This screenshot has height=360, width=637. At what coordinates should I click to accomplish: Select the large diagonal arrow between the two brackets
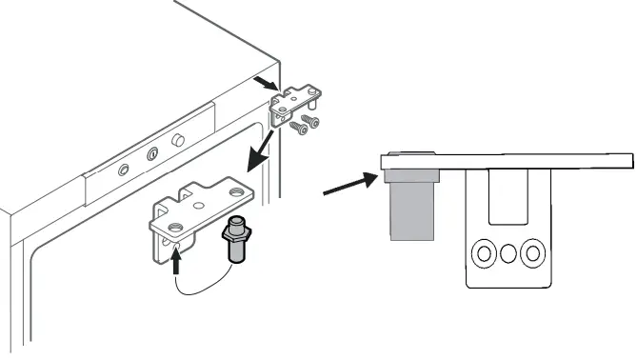point(261,148)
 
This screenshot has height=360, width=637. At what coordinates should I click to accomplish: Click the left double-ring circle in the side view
point(484,253)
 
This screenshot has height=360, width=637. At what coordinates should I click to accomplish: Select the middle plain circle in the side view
point(508,253)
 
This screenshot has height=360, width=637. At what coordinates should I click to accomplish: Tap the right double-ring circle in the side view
point(533,253)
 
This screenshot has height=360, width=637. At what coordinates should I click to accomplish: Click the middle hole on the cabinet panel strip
point(151,153)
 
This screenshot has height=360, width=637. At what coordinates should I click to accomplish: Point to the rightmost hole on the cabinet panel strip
point(177,140)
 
